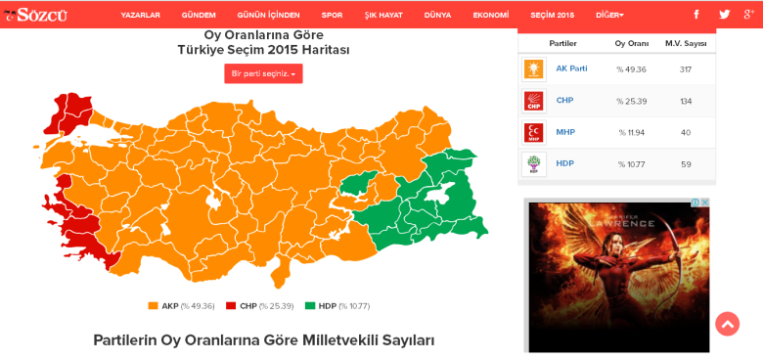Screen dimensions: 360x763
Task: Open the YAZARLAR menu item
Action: coord(140,15)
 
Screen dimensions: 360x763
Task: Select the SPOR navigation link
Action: coord(332,15)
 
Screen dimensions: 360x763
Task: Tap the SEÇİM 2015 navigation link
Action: coord(553,15)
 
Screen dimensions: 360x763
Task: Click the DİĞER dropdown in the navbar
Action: coord(608,15)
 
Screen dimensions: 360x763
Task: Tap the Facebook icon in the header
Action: coord(696,15)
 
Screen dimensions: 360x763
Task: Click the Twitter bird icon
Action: coord(724,15)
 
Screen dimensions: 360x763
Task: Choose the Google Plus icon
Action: coord(749,15)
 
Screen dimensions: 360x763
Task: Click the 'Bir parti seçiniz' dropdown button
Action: coord(263,73)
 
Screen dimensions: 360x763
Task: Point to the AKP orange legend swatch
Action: coord(153,306)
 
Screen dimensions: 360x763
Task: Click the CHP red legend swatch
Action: coord(231,306)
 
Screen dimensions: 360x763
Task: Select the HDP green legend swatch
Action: coord(310,306)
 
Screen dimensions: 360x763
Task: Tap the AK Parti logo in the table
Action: coord(533,68)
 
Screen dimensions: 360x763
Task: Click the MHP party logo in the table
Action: coord(533,132)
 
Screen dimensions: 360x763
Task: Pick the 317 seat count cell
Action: coord(685,69)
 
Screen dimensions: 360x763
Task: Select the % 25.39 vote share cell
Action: coord(632,101)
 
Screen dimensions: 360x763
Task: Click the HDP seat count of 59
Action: coord(685,164)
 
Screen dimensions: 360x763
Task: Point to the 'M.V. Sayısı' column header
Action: coord(685,44)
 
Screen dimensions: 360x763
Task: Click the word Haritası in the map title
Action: coord(324,50)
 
